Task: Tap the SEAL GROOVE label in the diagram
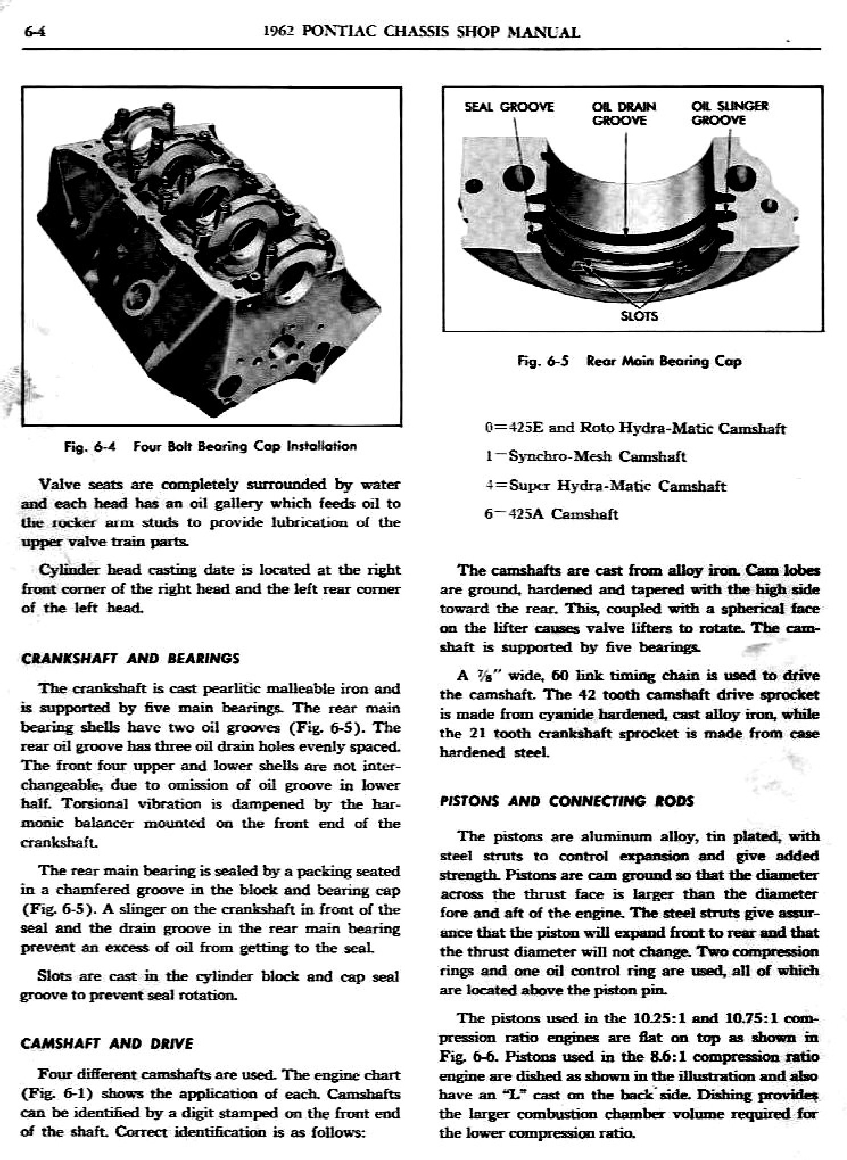[x=509, y=107]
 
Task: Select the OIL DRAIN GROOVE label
[x=623, y=113]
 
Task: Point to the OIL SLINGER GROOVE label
[x=729, y=113]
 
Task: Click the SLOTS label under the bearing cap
[x=638, y=316]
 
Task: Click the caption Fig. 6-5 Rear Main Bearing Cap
[x=629, y=361]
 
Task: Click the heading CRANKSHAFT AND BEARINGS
[x=130, y=658]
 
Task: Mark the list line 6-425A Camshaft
[x=551, y=514]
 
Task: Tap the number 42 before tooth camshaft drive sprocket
[x=586, y=695]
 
